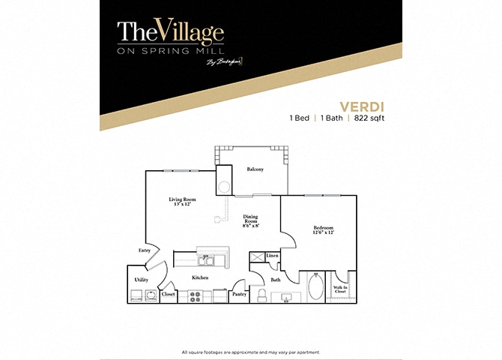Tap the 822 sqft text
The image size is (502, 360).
[372, 118]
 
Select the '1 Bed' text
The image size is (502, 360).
[300, 118]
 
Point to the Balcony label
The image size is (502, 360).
[255, 169]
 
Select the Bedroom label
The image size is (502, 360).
[324, 229]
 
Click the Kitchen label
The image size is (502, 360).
[199, 277]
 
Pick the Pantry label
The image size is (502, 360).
[239, 294]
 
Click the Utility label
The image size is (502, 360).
[141, 279]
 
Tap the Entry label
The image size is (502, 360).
[144, 250]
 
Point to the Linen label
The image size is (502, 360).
[273, 256]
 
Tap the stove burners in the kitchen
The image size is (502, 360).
[194, 296]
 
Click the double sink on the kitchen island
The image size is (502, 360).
[207, 259]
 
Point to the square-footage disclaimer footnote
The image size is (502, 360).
[251, 352]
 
